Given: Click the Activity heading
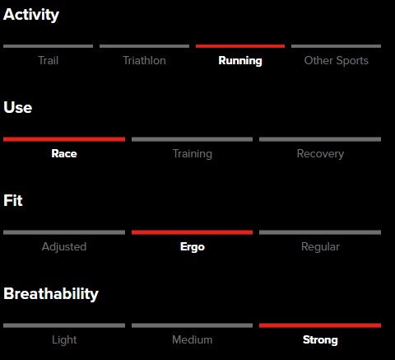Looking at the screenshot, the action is pos(31,15).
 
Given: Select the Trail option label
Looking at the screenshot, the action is pos(49,60).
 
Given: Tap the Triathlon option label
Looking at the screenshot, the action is pos(144,60).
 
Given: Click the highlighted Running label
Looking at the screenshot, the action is pos(240,61).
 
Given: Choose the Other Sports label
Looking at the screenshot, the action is pos(337,61).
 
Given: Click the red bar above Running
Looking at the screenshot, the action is pos(240,46).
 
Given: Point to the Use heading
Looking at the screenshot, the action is pos(18,107).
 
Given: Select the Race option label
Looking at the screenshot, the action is pos(64,153).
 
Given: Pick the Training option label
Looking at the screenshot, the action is pos(193,154).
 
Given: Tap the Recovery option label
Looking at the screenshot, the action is pos(320,154).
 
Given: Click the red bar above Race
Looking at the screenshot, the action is pos(64,139).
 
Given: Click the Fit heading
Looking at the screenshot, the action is pos(13,200).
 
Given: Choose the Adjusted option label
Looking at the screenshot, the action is pos(64,247).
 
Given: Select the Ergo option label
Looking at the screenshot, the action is pos(193,247).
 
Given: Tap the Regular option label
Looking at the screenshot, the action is pos(320,247).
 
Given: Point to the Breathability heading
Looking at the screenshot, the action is pos(51,294).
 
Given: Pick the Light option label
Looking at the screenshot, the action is pos(64,340).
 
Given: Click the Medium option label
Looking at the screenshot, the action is pos(193,340).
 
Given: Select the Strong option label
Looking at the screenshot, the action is pos(320,340).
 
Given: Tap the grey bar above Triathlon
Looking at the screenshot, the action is pos(144,46).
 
